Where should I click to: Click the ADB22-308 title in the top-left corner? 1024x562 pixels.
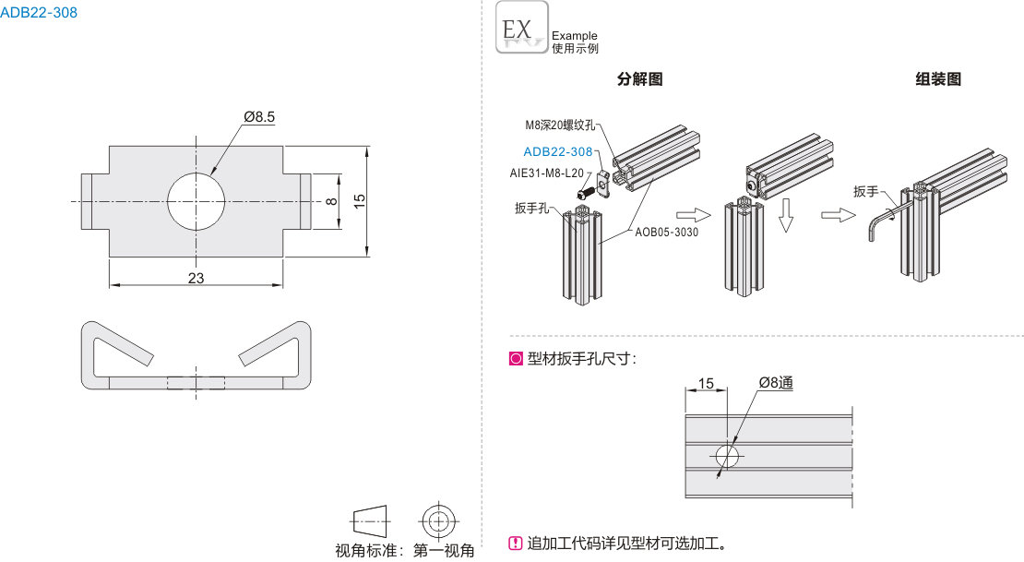tap(39, 13)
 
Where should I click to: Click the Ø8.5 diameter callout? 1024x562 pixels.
tap(259, 116)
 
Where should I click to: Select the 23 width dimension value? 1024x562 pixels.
tap(196, 278)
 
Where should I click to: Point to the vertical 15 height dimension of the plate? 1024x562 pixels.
tap(361, 198)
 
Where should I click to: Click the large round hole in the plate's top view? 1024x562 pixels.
tap(196, 199)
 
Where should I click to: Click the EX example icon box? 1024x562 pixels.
tap(521, 27)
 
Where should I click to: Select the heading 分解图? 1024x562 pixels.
tap(639, 79)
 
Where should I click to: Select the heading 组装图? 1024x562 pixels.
tap(937, 79)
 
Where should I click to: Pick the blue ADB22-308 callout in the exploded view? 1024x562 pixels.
tap(557, 152)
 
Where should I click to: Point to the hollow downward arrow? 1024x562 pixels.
tap(786, 214)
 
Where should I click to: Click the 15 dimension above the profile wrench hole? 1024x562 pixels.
tap(706, 383)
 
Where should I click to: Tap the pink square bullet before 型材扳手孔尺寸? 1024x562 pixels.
tap(516, 359)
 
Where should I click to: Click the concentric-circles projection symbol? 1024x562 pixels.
tap(438, 520)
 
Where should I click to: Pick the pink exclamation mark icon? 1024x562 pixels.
tap(516, 543)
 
